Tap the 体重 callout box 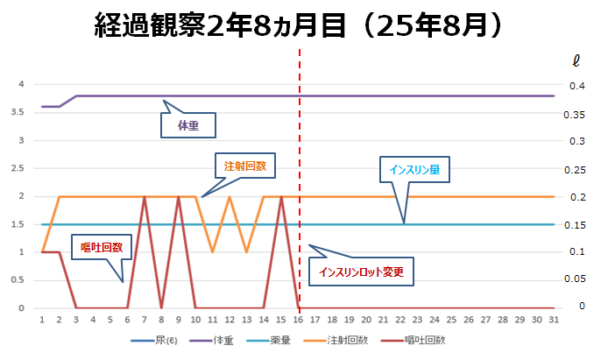pyautogui.click(x=187, y=125)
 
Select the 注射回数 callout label pyautogui.click(x=244, y=165)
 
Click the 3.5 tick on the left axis pyautogui.click(x=24, y=112)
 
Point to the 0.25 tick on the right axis pyautogui.click(x=575, y=168)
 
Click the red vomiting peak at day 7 pyautogui.click(x=144, y=197)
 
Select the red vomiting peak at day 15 pyautogui.click(x=280, y=197)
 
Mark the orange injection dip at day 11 pyautogui.click(x=212, y=252)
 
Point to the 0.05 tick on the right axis pyautogui.click(x=575, y=279)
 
